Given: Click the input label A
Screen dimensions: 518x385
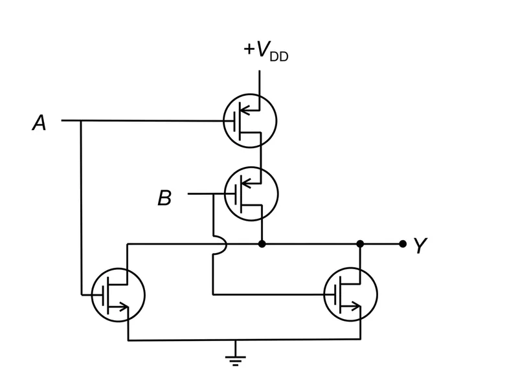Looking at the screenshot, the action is tap(39, 123).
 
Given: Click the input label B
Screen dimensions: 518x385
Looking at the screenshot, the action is tap(164, 197).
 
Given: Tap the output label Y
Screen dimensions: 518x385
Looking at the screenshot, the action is tap(420, 245).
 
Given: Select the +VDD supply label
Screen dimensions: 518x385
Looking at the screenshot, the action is tap(266, 52).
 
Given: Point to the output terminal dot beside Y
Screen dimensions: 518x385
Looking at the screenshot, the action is tap(402, 244).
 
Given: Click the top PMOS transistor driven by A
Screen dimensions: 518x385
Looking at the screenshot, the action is tap(250, 121).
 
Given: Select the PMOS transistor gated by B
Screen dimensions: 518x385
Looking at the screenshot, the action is tap(251, 194).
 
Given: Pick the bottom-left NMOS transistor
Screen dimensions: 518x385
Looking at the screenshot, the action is tap(118, 294).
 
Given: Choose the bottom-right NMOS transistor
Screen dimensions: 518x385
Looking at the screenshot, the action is tap(350, 294).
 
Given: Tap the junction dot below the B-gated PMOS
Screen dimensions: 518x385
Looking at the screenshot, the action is tap(262, 244).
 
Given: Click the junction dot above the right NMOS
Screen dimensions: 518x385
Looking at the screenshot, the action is tap(360, 244).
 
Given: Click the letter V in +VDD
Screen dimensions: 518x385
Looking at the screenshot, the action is tap(263, 49).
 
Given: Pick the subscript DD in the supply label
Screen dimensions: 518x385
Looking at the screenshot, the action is tap(279, 56).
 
